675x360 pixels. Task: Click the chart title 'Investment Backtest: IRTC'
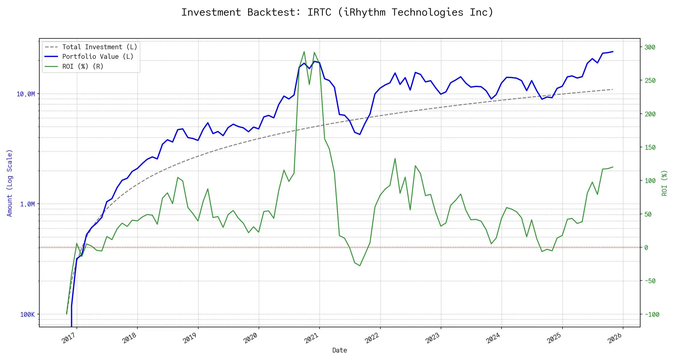point(337,12)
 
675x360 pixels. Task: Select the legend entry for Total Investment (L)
point(99,47)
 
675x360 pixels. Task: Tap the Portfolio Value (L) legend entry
point(97,57)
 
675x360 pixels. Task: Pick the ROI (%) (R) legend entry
point(82,67)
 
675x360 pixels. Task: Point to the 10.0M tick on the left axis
point(25,94)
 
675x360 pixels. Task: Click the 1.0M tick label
point(27,204)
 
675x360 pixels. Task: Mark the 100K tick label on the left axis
point(27,315)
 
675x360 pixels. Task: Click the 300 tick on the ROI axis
point(650,47)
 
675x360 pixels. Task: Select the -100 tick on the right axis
point(652,315)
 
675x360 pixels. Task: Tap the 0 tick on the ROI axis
point(646,248)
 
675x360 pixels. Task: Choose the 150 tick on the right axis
point(650,148)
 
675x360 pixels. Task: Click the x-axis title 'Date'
point(340,350)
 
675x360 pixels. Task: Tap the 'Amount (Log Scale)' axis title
point(10,183)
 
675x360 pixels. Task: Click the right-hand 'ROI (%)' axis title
point(664,183)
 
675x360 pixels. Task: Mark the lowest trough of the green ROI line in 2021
point(360,266)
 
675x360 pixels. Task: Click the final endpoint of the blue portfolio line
point(613,52)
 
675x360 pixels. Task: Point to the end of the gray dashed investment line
point(613,89)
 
